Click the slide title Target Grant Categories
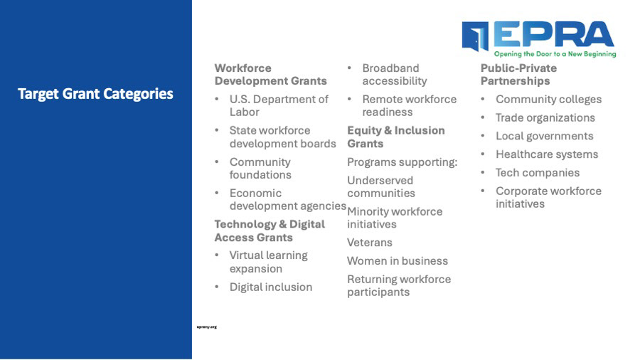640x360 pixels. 95,94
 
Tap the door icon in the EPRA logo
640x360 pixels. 476,36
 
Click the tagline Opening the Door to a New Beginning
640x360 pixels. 555,54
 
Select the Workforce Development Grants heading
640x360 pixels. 271,74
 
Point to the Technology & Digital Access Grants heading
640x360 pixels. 270,231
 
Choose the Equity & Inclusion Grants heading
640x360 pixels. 396,137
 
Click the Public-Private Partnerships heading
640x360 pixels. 518,74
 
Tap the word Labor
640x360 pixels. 244,112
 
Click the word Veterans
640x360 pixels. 369,243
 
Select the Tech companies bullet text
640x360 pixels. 538,173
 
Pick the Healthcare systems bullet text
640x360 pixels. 547,154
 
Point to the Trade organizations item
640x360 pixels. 545,118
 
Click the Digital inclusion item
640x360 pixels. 271,287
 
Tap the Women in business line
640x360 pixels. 398,261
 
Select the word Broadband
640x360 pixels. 390,68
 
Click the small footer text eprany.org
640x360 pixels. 206,327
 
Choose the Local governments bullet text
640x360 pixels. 545,137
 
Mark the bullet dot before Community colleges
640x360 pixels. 483,99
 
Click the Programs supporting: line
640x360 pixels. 402,162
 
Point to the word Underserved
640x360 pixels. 380,181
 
